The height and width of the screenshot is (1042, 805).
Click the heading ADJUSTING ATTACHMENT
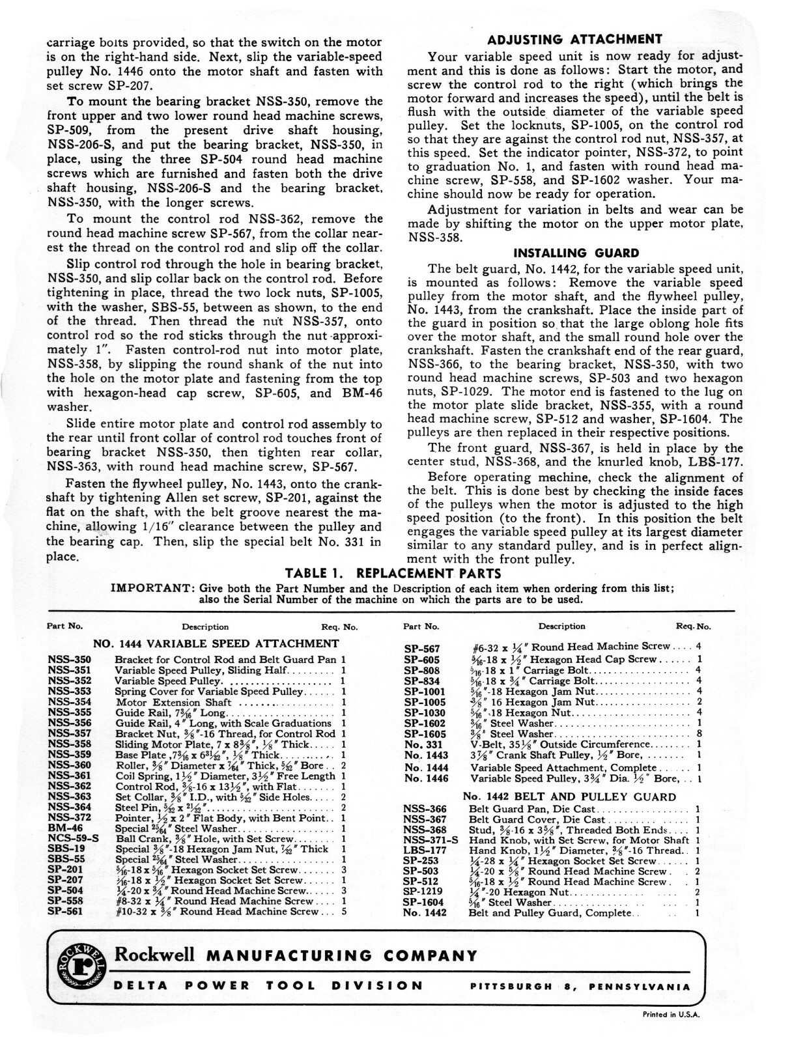575,39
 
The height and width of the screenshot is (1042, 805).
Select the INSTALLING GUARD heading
576,253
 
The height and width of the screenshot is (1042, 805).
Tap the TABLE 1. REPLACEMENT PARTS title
394,574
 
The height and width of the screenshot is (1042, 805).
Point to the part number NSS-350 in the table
70,660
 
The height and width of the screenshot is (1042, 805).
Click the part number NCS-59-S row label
73,839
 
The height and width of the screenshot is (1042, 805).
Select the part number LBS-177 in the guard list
425,851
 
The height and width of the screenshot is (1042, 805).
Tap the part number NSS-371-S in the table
431,840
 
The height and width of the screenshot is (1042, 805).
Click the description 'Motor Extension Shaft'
173,702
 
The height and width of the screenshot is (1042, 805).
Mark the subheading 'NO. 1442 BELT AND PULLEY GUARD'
569,796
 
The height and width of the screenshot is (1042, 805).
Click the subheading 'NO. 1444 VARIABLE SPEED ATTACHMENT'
216,643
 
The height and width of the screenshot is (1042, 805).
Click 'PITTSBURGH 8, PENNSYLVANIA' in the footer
580,987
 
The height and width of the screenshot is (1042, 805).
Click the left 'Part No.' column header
64,627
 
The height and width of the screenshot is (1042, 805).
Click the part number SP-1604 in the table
423,903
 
